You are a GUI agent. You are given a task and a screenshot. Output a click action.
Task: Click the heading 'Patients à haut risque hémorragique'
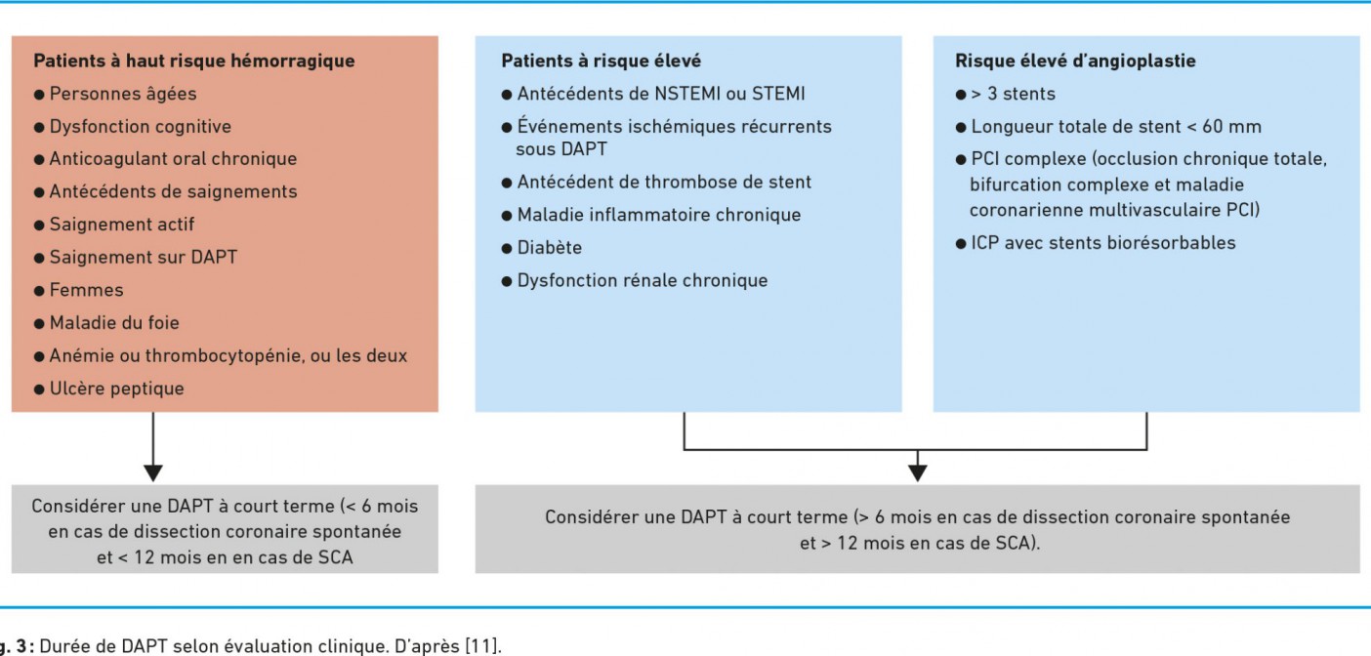tap(194, 61)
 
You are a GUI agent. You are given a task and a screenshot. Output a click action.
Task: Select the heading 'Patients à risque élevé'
tap(602, 61)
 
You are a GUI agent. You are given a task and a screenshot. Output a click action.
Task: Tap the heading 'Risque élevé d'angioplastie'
tap(1075, 61)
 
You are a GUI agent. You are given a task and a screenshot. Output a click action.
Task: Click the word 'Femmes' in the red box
tap(86, 290)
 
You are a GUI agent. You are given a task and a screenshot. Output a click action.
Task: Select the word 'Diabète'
tap(550, 248)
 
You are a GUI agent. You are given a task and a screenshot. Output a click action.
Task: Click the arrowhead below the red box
tap(153, 473)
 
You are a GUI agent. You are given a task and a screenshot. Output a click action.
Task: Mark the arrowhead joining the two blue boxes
tap(917, 473)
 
